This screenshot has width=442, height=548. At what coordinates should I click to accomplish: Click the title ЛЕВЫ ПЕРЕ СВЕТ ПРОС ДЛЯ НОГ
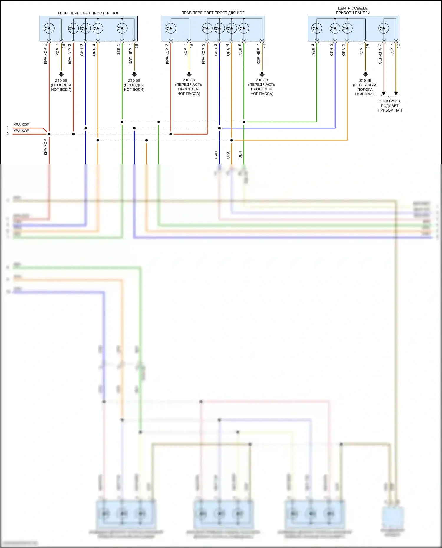point(88,13)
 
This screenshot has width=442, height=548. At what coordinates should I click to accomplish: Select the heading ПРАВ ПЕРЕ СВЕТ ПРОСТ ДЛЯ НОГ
point(212,13)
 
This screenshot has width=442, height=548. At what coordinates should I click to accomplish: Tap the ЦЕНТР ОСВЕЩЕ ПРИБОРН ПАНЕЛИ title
point(353,11)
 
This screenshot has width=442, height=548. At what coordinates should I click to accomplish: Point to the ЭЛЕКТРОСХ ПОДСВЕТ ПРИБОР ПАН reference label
point(390,106)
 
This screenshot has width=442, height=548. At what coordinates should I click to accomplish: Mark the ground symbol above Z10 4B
point(365,74)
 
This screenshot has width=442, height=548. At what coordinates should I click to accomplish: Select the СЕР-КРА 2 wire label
point(380,54)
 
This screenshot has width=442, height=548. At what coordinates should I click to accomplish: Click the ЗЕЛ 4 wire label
point(313,49)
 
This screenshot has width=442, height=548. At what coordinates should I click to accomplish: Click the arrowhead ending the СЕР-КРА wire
point(384,94)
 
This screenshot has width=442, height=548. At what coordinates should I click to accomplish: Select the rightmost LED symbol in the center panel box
point(384,28)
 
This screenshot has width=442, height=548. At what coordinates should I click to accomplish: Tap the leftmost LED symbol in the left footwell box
point(49,28)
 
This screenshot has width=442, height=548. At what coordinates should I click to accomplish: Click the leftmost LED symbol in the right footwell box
point(171,28)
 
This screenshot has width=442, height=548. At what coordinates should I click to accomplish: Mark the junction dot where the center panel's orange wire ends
point(232,140)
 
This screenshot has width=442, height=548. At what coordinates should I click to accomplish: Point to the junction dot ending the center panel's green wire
point(244,122)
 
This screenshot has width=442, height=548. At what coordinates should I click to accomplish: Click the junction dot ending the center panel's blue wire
point(220,128)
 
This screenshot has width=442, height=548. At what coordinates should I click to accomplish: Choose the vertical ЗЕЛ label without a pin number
point(240,155)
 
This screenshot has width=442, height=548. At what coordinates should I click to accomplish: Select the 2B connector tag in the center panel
point(368,46)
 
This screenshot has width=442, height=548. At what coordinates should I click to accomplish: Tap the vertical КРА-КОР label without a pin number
point(46,147)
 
